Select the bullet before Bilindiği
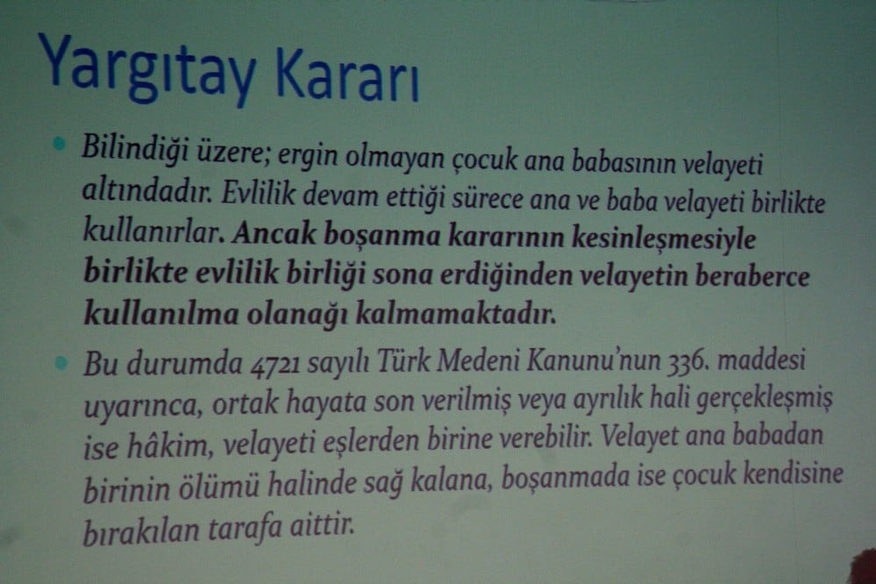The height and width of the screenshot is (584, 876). coord(60,144)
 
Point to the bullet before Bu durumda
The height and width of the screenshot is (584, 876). coord(60,361)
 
